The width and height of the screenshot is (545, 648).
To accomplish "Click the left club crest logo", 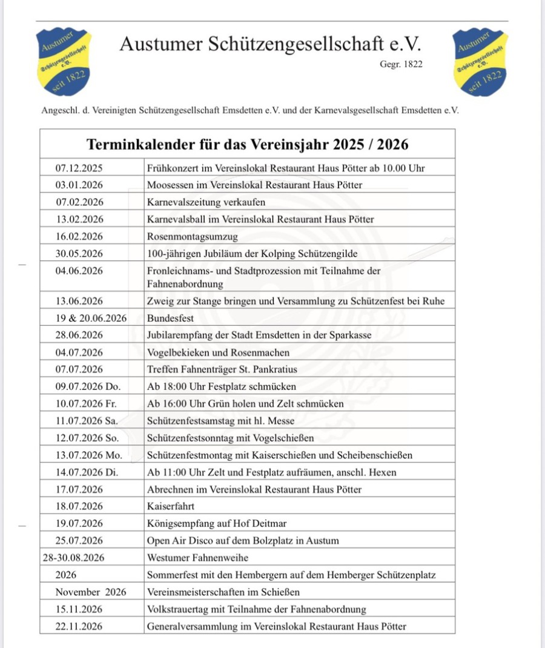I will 63,62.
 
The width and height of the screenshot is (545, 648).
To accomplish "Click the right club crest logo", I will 480,62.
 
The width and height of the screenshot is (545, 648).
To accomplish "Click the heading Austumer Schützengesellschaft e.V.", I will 269,44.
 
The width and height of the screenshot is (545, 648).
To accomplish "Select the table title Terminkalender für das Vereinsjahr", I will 247,144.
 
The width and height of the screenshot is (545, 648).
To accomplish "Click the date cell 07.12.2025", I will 79,168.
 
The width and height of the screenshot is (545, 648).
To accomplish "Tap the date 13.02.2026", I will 79,219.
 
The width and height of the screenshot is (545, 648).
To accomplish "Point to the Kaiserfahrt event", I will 171,506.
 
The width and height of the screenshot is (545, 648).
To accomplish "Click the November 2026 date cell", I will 91,592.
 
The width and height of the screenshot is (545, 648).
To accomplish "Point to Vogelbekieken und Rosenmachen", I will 218,352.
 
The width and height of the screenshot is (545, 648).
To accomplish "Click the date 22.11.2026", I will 79,626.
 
